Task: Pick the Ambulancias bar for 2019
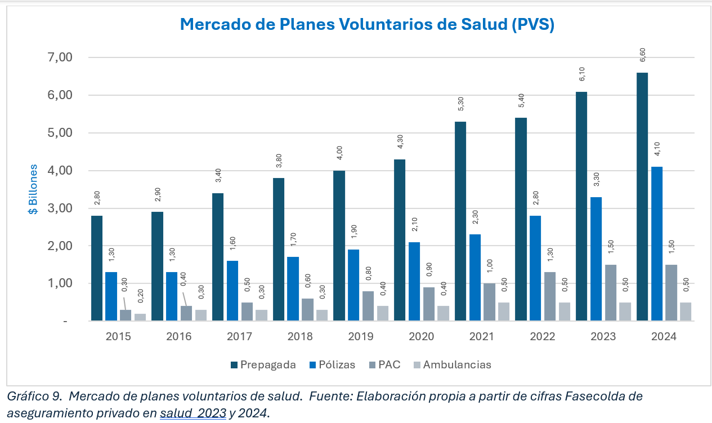point(382,313)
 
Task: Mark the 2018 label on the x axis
point(300,337)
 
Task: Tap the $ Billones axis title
point(34,189)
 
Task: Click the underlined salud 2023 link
point(193,413)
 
